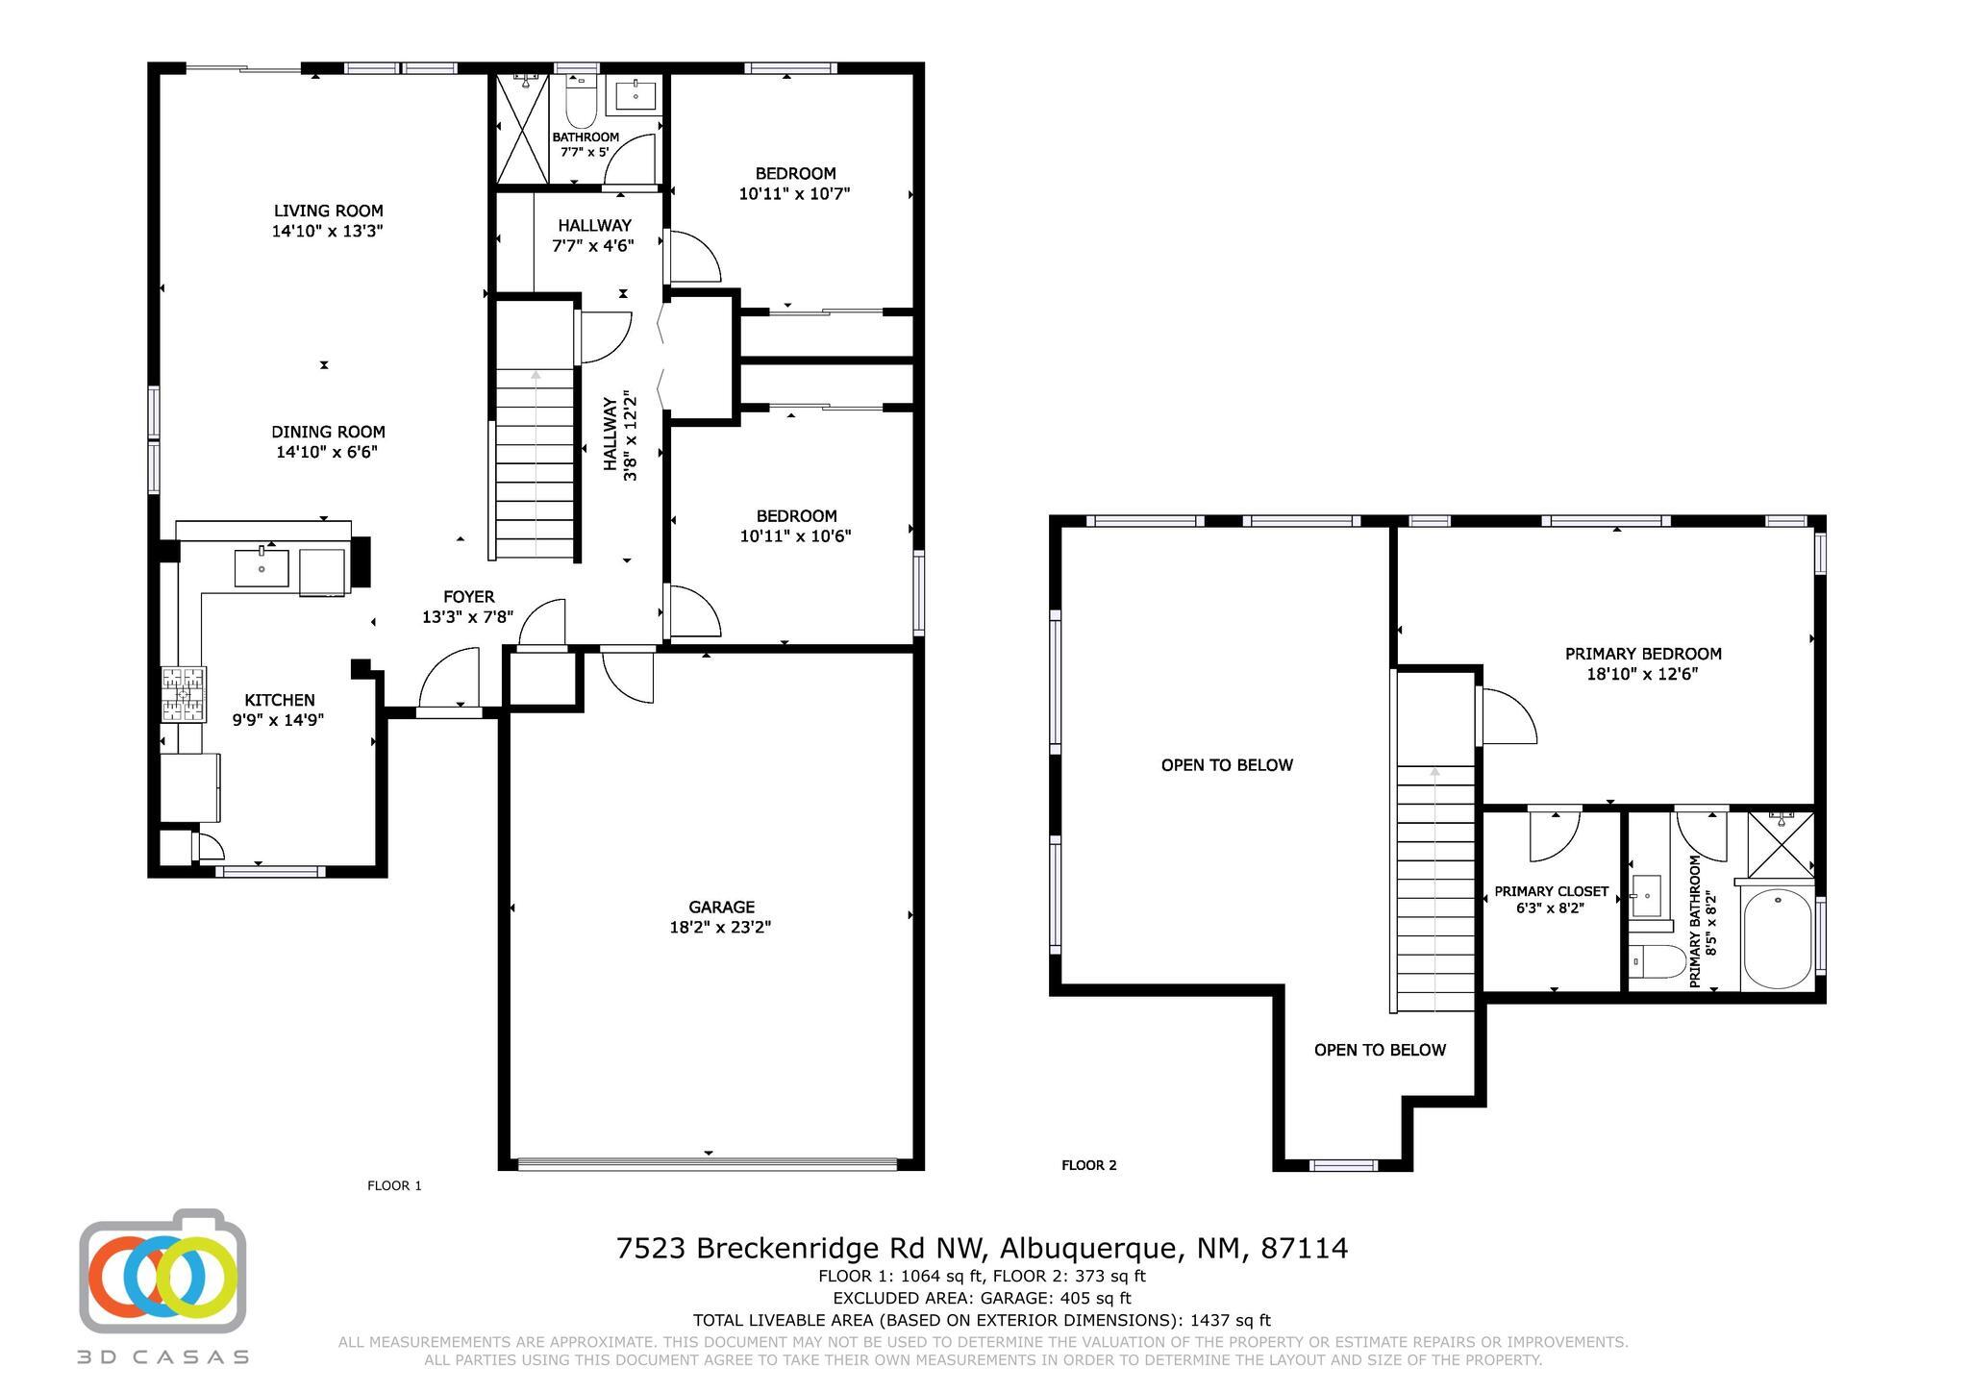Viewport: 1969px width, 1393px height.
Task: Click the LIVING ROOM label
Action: [x=328, y=211]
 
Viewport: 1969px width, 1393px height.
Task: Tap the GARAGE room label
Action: [x=721, y=907]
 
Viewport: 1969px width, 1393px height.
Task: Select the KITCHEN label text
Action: [x=279, y=700]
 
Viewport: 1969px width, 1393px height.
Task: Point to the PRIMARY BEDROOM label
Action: [x=1643, y=654]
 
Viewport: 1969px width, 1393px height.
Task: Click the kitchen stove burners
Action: [x=184, y=694]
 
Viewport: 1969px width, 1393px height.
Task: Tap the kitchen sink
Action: [x=262, y=567]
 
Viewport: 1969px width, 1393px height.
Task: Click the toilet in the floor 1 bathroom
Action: [x=582, y=103]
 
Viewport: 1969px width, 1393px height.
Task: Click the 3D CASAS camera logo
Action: [x=162, y=1271]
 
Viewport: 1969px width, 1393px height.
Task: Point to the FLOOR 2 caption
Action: [x=1088, y=1165]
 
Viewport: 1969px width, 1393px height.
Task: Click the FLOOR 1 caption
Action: [x=394, y=1185]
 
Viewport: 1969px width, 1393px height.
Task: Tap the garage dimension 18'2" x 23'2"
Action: [x=720, y=928]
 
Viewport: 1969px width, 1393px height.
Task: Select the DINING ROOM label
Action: [x=328, y=432]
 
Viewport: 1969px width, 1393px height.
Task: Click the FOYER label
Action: [x=468, y=597]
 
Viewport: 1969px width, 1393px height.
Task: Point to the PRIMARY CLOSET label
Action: [x=1551, y=892]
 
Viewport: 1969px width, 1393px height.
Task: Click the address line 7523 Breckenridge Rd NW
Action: [x=802, y=1248]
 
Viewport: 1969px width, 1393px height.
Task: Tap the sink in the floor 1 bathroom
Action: [x=636, y=96]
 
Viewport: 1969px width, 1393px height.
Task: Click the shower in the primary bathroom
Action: [x=1781, y=844]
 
